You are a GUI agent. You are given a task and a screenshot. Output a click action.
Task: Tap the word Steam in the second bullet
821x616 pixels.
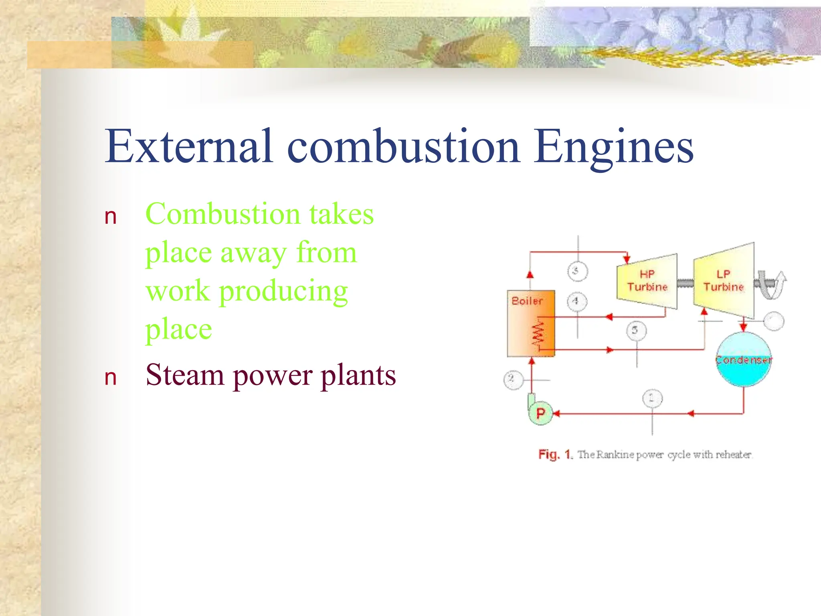coord(184,375)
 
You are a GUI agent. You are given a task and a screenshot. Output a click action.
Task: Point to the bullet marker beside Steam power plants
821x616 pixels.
coord(110,378)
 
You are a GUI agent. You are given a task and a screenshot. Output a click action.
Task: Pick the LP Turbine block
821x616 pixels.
coord(724,281)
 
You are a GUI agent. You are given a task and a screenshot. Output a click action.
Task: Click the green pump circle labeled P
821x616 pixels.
coord(540,413)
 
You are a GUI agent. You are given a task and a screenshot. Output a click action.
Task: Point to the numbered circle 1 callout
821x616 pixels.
coord(652,398)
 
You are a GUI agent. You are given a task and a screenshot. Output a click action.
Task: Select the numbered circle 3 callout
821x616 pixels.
coord(577,271)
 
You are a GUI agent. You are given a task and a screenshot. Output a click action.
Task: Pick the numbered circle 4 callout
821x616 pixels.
coord(576,301)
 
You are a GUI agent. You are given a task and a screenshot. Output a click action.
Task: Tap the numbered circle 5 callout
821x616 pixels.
coord(636,330)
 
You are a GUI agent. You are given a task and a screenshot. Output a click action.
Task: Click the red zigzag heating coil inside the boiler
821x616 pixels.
coord(538,334)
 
